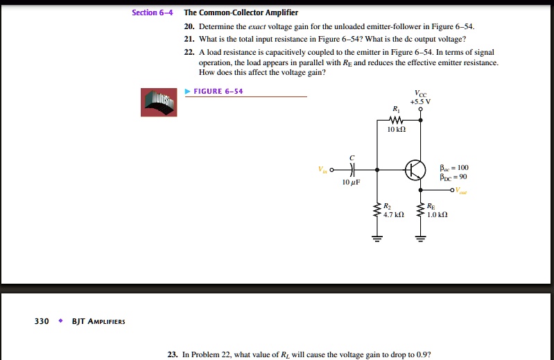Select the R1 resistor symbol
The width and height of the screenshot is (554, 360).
396,119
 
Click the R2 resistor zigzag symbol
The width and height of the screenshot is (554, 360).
377,209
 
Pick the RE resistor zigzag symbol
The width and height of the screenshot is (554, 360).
420,209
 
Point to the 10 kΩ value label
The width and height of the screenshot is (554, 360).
396,129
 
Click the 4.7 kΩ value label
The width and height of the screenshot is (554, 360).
393,215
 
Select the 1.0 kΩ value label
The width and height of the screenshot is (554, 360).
438,215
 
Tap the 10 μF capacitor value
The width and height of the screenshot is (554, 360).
351,182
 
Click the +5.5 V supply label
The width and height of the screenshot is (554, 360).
421,101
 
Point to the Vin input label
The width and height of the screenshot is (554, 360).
321,169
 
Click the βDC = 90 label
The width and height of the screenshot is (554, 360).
454,176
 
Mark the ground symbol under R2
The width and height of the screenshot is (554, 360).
377,241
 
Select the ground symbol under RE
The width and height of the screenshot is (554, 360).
420,241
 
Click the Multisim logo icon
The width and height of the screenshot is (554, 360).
159,102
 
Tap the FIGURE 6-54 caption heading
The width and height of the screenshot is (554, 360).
219,92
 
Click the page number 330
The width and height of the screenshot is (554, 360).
42,321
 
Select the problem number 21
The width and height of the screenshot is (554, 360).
189,39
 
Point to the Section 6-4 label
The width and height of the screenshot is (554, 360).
153,13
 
